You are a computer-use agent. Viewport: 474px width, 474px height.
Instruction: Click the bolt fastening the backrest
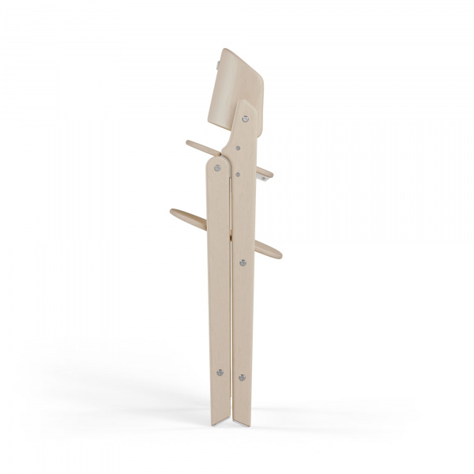[x=246, y=118]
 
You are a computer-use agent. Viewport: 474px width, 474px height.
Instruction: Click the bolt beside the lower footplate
[x=243, y=263]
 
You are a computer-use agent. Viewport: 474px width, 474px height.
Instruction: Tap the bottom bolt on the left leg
[x=220, y=372]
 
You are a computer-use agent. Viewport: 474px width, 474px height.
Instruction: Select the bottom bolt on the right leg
[x=243, y=378]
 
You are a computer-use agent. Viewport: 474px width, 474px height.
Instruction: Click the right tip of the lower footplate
[x=279, y=254]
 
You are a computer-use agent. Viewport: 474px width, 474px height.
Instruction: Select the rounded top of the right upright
[x=246, y=103]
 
